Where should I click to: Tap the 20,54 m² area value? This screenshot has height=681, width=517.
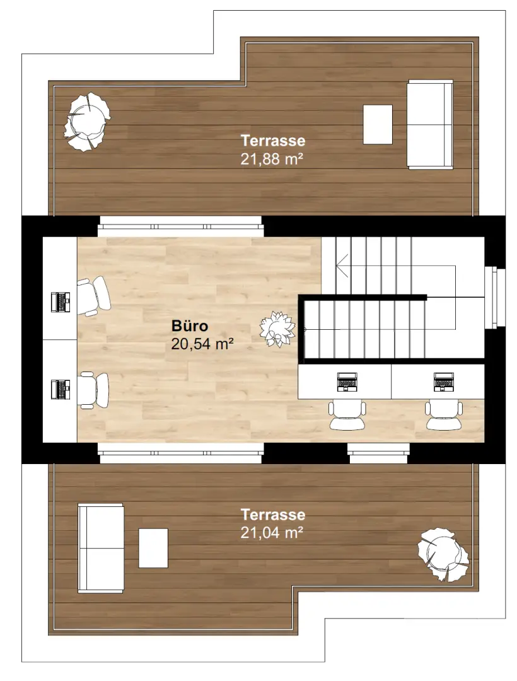(x=202, y=344)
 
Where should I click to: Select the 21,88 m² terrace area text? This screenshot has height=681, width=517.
(x=272, y=159)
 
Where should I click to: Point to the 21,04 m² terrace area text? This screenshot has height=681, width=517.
(x=272, y=533)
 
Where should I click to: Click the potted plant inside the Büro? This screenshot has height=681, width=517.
(x=277, y=329)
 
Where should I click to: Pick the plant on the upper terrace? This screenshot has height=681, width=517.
(x=87, y=121)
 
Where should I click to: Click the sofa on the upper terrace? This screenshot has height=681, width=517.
(x=430, y=124)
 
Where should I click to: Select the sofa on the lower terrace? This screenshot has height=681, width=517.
(x=100, y=547)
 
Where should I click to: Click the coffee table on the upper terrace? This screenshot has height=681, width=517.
(x=378, y=124)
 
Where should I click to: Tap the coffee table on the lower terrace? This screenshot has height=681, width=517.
(x=153, y=547)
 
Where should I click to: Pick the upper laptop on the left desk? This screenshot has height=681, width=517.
(x=61, y=302)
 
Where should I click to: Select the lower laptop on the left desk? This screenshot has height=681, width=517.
(x=61, y=389)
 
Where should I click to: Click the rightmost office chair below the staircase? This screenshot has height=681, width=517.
(x=445, y=415)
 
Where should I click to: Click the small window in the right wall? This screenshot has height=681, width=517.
(x=496, y=298)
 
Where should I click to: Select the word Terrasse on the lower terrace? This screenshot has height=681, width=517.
(x=272, y=515)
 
